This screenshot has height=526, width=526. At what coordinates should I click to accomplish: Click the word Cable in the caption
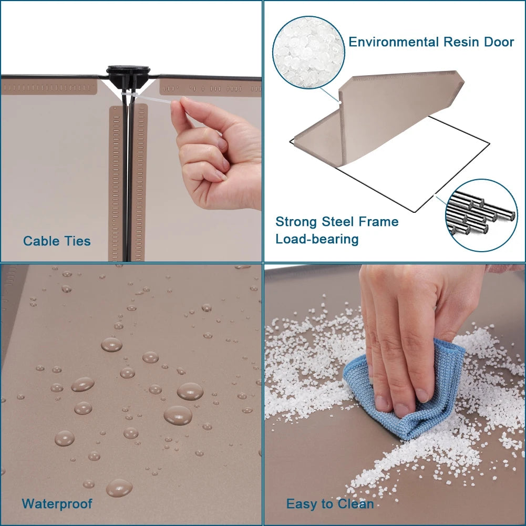39,241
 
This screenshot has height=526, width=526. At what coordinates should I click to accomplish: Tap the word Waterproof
57,504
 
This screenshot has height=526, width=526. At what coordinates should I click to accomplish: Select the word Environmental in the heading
394,42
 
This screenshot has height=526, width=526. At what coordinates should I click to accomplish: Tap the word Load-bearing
317,239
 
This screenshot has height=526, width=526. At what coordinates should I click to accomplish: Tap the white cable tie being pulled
152,99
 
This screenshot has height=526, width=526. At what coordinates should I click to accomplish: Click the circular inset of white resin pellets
308,53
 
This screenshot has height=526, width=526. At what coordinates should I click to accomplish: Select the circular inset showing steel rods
481,215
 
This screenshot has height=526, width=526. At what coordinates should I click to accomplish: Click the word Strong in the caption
296,222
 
